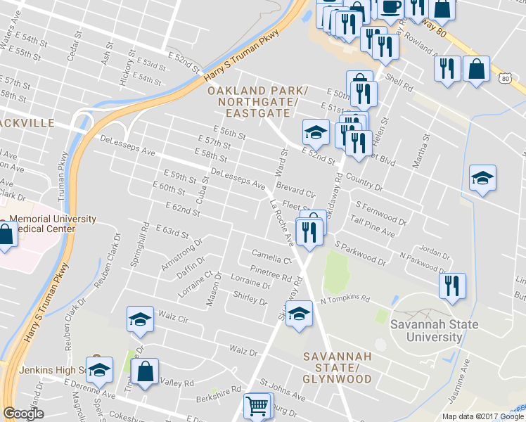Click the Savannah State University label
pos(435,331)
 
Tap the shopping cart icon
pos(257,406)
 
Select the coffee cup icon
pos(391,8)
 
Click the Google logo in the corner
pos(23,414)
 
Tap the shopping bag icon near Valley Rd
pos(144,372)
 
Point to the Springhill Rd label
pos(138,246)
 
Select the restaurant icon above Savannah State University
pos(451,286)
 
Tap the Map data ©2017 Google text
pos(482,416)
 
